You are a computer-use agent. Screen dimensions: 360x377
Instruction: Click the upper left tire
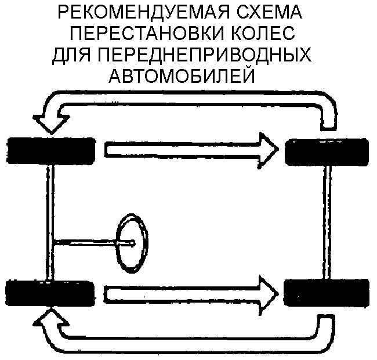(50, 151)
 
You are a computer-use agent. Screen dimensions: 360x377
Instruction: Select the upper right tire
(328, 152)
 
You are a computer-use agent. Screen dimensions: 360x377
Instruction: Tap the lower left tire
(50, 292)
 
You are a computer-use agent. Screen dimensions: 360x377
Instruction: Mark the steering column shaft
(87, 242)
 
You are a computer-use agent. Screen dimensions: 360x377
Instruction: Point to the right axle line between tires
(329, 220)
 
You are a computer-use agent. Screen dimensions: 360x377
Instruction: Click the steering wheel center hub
(132, 243)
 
